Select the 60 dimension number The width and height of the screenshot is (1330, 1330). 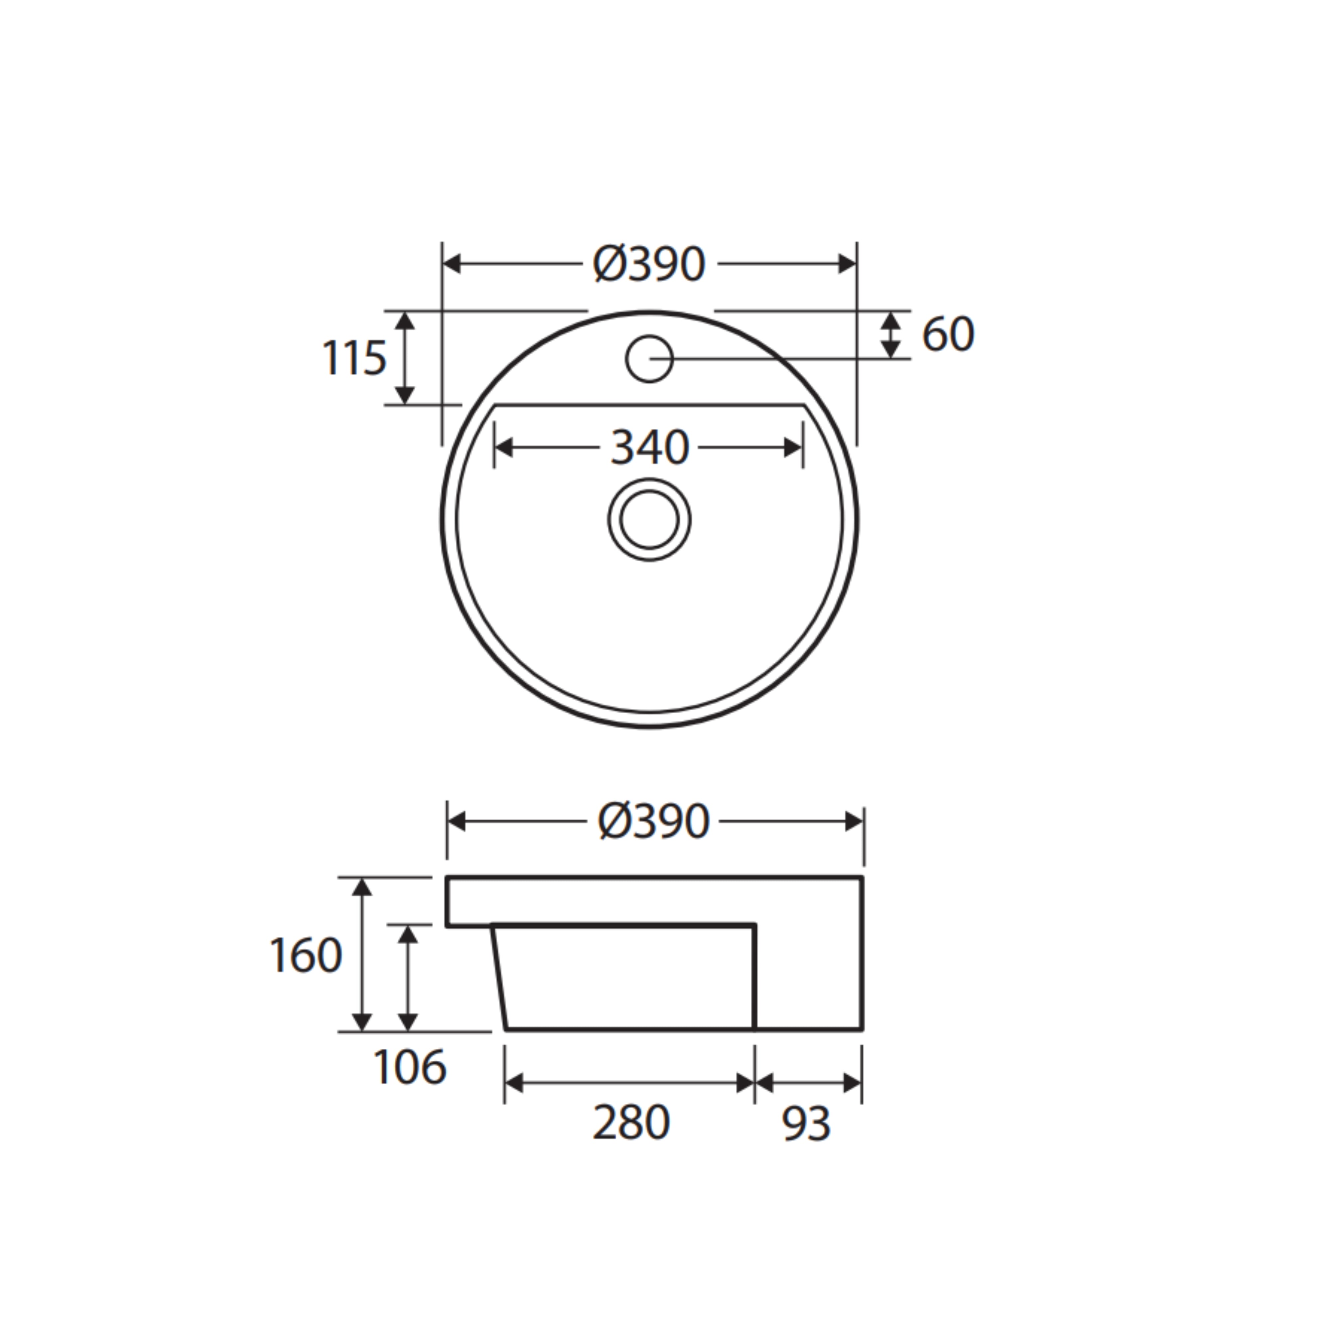point(947,334)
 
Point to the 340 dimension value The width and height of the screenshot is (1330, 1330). point(649,448)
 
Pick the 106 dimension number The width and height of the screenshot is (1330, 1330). point(410,1068)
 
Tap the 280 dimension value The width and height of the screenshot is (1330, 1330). point(630,1123)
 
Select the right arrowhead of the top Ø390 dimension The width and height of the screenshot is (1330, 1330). point(847,264)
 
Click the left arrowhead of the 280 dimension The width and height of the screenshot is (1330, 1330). point(514,1083)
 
